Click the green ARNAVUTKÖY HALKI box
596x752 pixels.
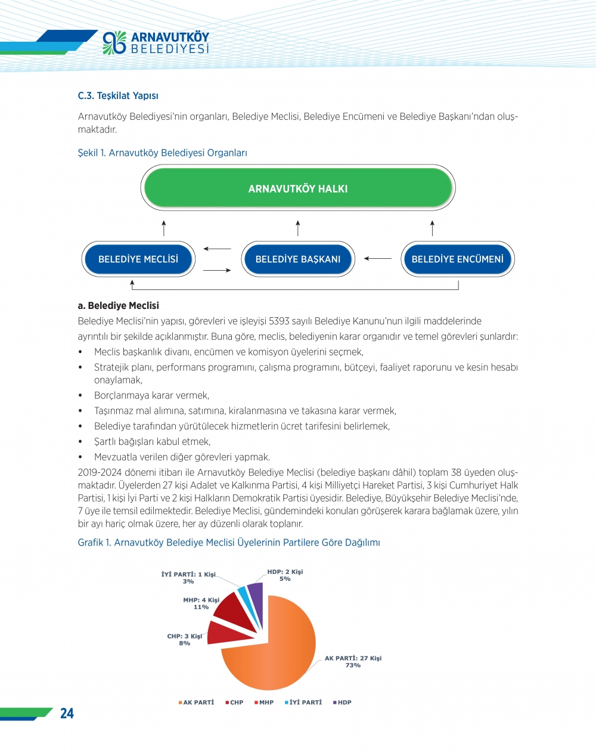tap(298, 188)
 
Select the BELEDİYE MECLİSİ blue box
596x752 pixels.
tap(138, 259)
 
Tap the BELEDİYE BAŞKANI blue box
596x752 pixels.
tap(298, 259)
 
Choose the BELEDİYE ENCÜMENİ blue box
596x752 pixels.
tap(457, 259)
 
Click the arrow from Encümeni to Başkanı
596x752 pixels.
tap(378, 259)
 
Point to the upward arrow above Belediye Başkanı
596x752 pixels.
tap(298, 228)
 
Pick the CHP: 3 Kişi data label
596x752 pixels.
tap(185, 639)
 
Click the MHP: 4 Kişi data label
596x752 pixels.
tap(201, 604)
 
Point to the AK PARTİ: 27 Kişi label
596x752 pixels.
tap(353, 661)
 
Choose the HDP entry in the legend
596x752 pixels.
tap(343, 703)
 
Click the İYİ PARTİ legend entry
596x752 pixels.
tap(303, 703)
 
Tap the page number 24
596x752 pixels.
tap(67, 713)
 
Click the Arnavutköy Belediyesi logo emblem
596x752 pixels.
tap(114, 43)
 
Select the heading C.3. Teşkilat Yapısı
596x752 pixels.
tap(118, 96)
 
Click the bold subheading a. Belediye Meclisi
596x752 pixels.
tap(118, 305)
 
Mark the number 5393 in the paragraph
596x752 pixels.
tap(280, 321)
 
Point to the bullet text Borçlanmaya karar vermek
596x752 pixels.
tap(151, 395)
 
